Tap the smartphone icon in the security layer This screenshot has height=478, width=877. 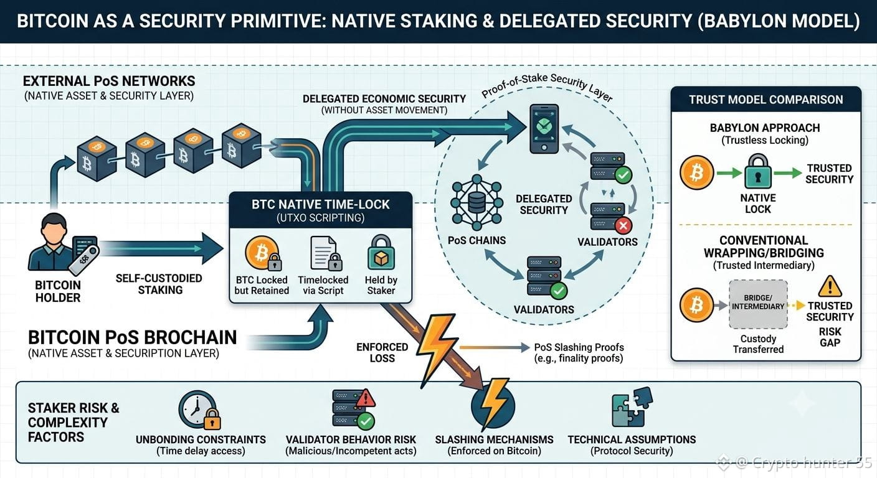544,128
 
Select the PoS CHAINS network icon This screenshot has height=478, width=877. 476,202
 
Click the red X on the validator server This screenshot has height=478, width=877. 623,226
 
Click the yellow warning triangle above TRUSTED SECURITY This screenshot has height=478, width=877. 830,286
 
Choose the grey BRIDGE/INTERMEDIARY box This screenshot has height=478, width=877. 758,304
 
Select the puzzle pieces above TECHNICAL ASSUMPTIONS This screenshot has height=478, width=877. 632,407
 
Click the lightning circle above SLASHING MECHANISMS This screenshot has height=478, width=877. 493,405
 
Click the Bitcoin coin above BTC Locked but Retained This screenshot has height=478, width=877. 262,253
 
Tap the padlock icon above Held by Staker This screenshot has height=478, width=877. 381,252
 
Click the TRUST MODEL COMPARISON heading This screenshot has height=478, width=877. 766,100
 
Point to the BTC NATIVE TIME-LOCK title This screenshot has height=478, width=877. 320,204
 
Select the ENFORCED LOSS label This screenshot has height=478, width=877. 382,352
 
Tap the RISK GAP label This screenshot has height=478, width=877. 830,337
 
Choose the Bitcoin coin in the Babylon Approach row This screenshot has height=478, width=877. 696,172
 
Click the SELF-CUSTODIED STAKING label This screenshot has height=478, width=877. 159,284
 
